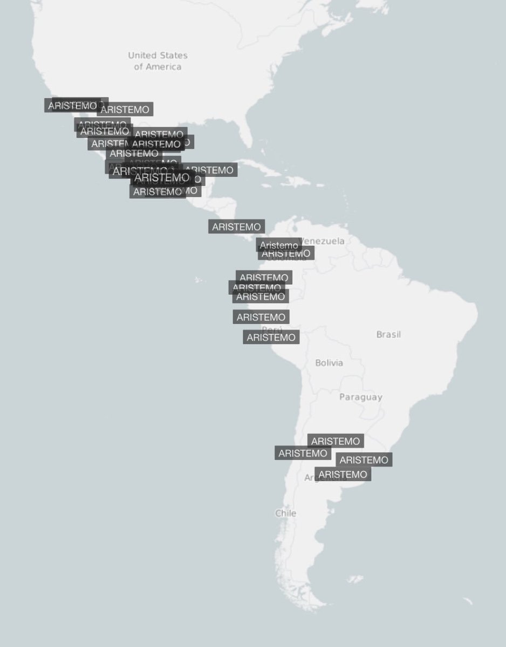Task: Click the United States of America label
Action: tap(158, 61)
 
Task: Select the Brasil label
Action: tap(388, 334)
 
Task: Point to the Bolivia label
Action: tap(329, 363)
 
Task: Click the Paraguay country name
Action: tap(361, 397)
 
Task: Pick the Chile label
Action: tap(285, 513)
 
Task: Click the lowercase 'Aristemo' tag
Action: tap(278, 245)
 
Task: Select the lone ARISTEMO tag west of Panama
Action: tap(236, 227)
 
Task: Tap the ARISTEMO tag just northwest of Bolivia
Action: tap(271, 338)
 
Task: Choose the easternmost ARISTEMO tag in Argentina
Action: tap(364, 460)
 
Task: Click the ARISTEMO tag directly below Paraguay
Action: tap(336, 441)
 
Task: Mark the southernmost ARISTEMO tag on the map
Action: tap(343, 474)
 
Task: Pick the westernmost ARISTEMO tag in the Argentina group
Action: tap(303, 453)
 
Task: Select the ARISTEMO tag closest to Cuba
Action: tap(209, 170)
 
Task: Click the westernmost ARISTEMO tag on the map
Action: tap(72, 106)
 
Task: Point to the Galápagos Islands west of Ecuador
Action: tap(200, 280)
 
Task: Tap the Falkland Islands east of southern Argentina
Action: tap(354, 580)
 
